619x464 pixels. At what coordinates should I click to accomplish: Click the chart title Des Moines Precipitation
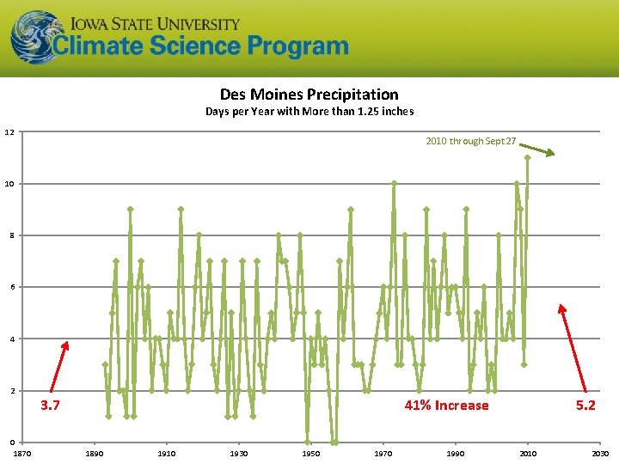[309, 94]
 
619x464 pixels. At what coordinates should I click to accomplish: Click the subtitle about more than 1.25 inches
[309, 112]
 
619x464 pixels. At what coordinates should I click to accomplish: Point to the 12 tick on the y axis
[9, 132]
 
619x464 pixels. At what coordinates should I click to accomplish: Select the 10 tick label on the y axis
[9, 184]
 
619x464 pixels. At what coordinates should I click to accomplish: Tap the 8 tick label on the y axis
[9, 235]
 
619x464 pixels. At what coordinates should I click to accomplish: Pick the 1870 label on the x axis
[22, 454]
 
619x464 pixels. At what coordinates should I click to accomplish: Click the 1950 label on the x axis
[311, 454]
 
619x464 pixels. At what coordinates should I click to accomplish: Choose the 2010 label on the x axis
[528, 454]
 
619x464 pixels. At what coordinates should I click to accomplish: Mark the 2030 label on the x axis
[600, 454]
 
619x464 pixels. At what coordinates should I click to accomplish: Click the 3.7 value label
[52, 405]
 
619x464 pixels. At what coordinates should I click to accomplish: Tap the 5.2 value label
[585, 405]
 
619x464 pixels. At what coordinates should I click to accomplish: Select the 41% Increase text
[446, 405]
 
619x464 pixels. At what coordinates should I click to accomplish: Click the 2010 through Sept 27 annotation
[470, 141]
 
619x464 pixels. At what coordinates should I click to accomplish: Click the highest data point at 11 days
[527, 157]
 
